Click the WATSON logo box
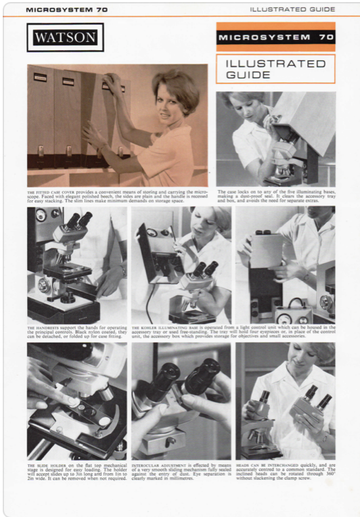point(66,37)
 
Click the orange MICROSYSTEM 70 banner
point(275,37)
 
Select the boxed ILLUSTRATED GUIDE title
point(275,68)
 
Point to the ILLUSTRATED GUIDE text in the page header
point(292,9)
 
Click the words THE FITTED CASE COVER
point(54,192)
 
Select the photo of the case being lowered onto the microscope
point(275,138)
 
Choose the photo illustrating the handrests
point(76,265)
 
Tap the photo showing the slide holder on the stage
point(76,401)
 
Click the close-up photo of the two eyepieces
point(181,401)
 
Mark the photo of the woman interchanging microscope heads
point(285,401)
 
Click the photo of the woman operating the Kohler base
point(181,265)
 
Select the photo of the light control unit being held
point(285,265)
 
